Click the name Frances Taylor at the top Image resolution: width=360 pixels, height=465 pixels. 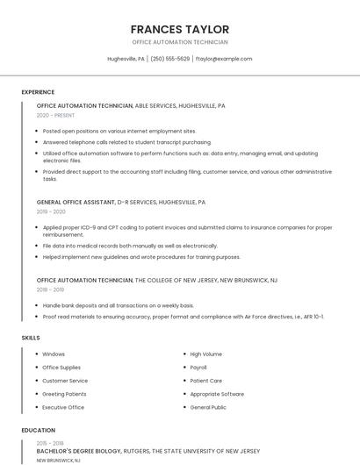tap(179, 29)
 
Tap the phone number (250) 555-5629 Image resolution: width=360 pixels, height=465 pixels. tap(169, 59)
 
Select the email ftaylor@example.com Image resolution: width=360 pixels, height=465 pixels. tap(224, 59)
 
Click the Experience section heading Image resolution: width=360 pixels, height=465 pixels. tap(38, 91)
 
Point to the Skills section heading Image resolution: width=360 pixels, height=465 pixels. tap(31, 337)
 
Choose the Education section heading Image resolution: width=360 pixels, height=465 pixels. tap(38, 430)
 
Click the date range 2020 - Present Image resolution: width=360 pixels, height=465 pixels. tap(55, 115)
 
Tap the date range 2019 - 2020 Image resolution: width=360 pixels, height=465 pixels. tap(51, 211)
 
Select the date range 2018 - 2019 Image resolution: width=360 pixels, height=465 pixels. tap(50, 290)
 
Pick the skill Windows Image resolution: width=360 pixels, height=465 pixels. tap(54, 354)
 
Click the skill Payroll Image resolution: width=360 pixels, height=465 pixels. tap(198, 368)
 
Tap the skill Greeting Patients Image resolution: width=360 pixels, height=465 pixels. tap(64, 394)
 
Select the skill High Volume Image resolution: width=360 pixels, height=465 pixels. tap(205, 354)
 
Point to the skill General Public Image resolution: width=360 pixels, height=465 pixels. tap(208, 407)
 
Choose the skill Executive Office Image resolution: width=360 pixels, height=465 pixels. tap(63, 407)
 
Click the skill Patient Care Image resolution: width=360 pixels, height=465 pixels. tap(205, 381)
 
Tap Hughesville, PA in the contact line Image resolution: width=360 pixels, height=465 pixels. tap(126, 59)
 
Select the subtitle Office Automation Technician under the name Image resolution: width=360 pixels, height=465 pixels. tap(179, 42)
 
